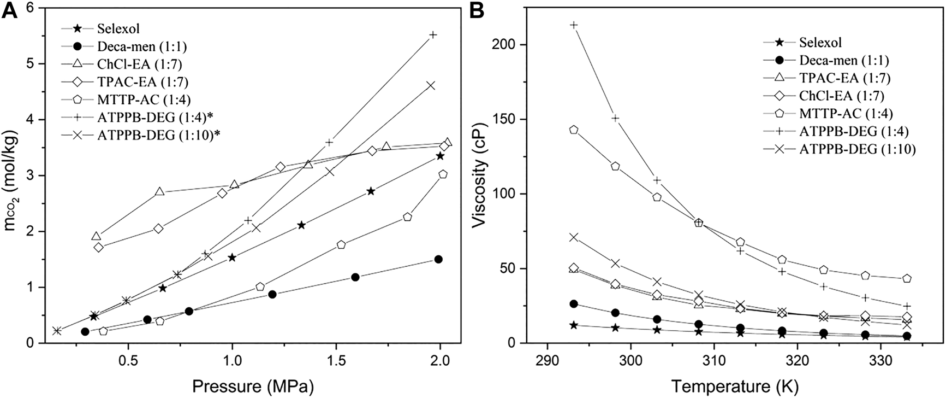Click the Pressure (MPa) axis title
[x=253, y=386]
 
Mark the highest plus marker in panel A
[x=433, y=34]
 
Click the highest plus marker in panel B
[x=574, y=25]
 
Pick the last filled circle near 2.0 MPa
[x=438, y=259]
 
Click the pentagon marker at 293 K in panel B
[x=574, y=130]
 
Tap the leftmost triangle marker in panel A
[x=97, y=236]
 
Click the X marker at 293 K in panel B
[x=574, y=237]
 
